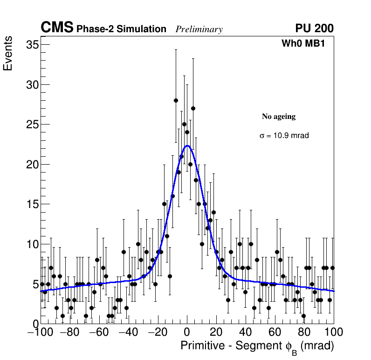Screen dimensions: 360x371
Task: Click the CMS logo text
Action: click(x=57, y=28)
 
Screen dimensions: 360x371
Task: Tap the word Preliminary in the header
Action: click(x=199, y=29)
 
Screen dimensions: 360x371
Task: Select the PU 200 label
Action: click(x=314, y=28)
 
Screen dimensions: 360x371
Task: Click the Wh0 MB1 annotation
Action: click(x=303, y=44)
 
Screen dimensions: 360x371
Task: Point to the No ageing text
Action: click(x=279, y=117)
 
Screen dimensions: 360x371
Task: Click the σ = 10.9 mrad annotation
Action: click(x=284, y=136)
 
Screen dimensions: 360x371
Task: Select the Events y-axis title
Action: click(x=8, y=54)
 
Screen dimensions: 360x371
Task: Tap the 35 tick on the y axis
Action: click(x=32, y=45)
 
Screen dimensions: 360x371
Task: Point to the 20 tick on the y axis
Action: click(x=32, y=164)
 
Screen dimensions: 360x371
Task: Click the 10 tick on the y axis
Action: click(x=32, y=244)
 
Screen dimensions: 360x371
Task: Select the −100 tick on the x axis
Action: click(x=41, y=332)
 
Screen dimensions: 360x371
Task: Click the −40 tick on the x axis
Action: click(x=129, y=332)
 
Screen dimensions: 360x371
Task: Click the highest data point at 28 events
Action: click(x=176, y=100)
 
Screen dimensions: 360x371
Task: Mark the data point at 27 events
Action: click(x=193, y=108)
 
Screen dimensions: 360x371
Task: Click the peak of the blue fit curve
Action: click(x=187, y=145)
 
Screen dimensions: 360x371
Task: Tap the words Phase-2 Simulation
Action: click(x=121, y=29)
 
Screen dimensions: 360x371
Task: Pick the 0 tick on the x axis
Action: click(x=187, y=332)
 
